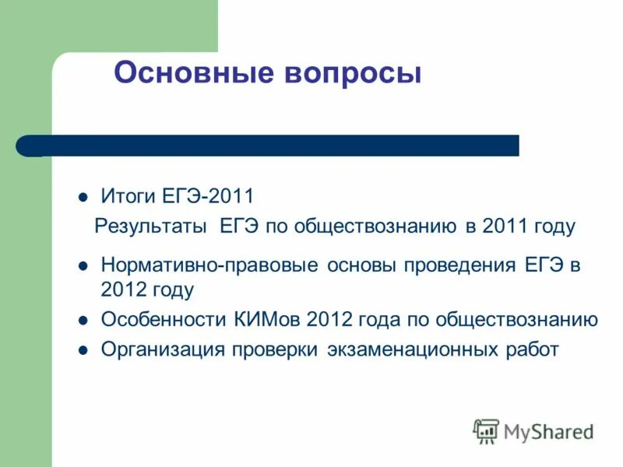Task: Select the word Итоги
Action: click(128, 195)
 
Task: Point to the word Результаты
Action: click(150, 226)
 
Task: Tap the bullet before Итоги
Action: click(83, 195)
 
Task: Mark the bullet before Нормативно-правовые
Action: click(83, 265)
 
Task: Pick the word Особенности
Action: click(163, 319)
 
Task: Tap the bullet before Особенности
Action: click(83, 320)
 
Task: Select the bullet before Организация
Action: click(83, 350)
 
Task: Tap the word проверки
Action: click(273, 349)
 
